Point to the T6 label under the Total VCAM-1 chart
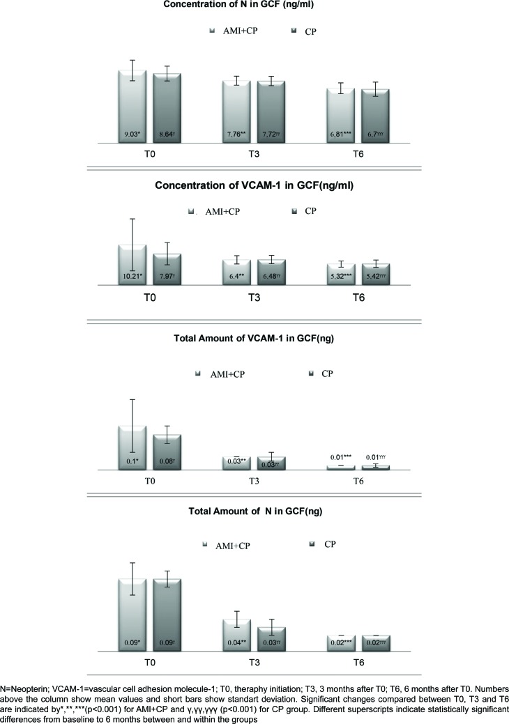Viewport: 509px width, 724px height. pyautogui.click(x=358, y=482)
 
